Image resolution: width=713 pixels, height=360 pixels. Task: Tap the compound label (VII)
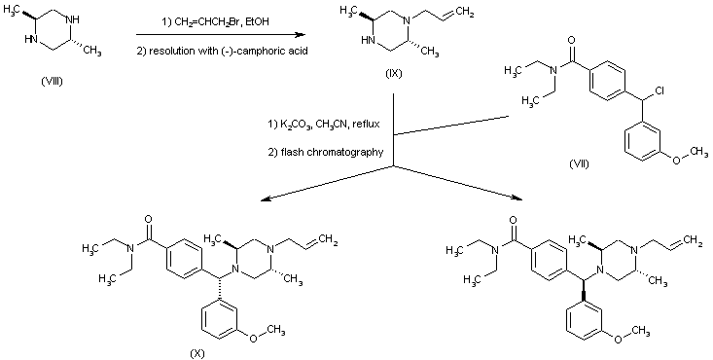pyautogui.click(x=580, y=162)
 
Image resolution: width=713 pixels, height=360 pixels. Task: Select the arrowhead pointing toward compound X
pyautogui.click(x=263, y=201)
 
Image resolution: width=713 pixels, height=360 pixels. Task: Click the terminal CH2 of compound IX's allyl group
pyautogui.click(x=463, y=13)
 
